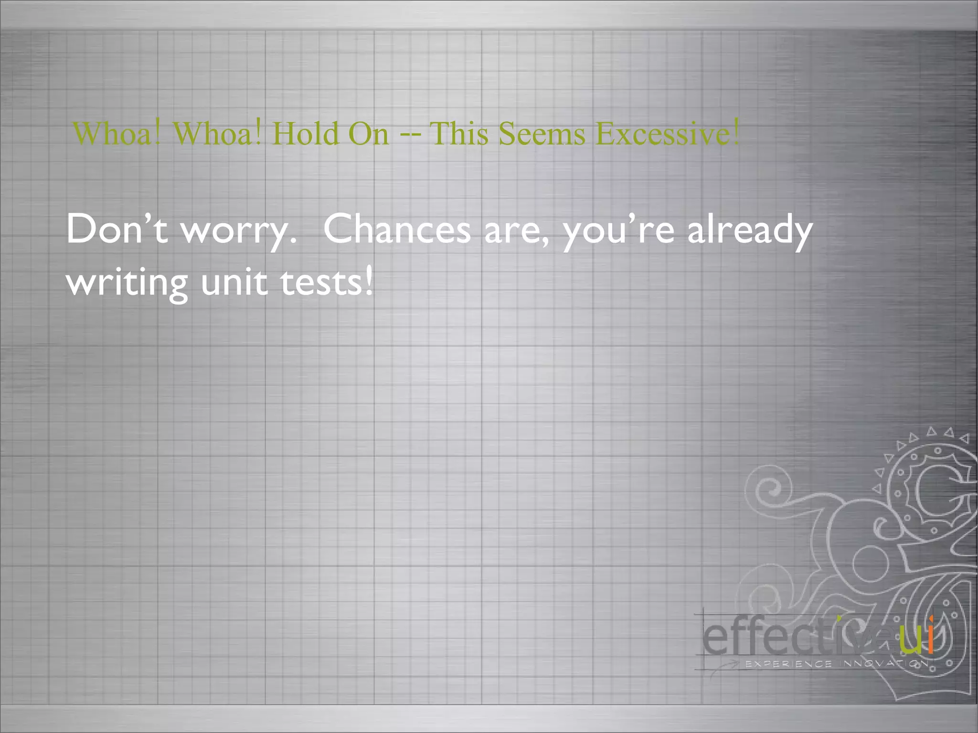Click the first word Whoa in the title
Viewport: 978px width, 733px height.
(117, 133)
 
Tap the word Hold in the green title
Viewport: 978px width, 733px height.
(306, 133)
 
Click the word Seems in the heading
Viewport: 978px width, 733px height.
(542, 133)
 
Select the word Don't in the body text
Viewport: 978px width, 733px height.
(117, 229)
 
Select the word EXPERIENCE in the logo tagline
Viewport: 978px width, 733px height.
(788, 664)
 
